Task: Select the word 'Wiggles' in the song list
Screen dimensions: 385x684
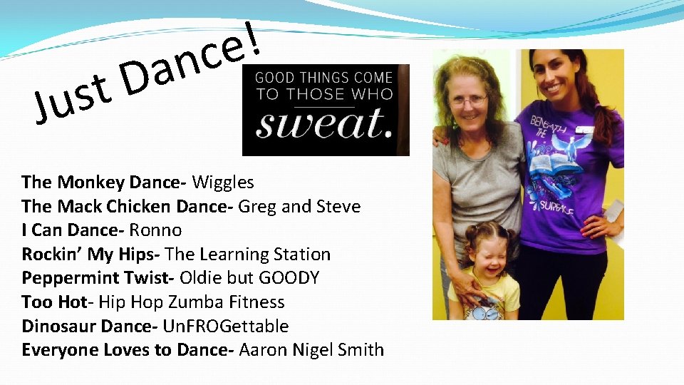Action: click(x=223, y=183)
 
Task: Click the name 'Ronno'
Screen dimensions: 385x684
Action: click(x=155, y=230)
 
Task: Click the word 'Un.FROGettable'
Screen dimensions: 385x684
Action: click(x=226, y=327)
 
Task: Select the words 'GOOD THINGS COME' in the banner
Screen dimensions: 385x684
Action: click(x=324, y=77)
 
